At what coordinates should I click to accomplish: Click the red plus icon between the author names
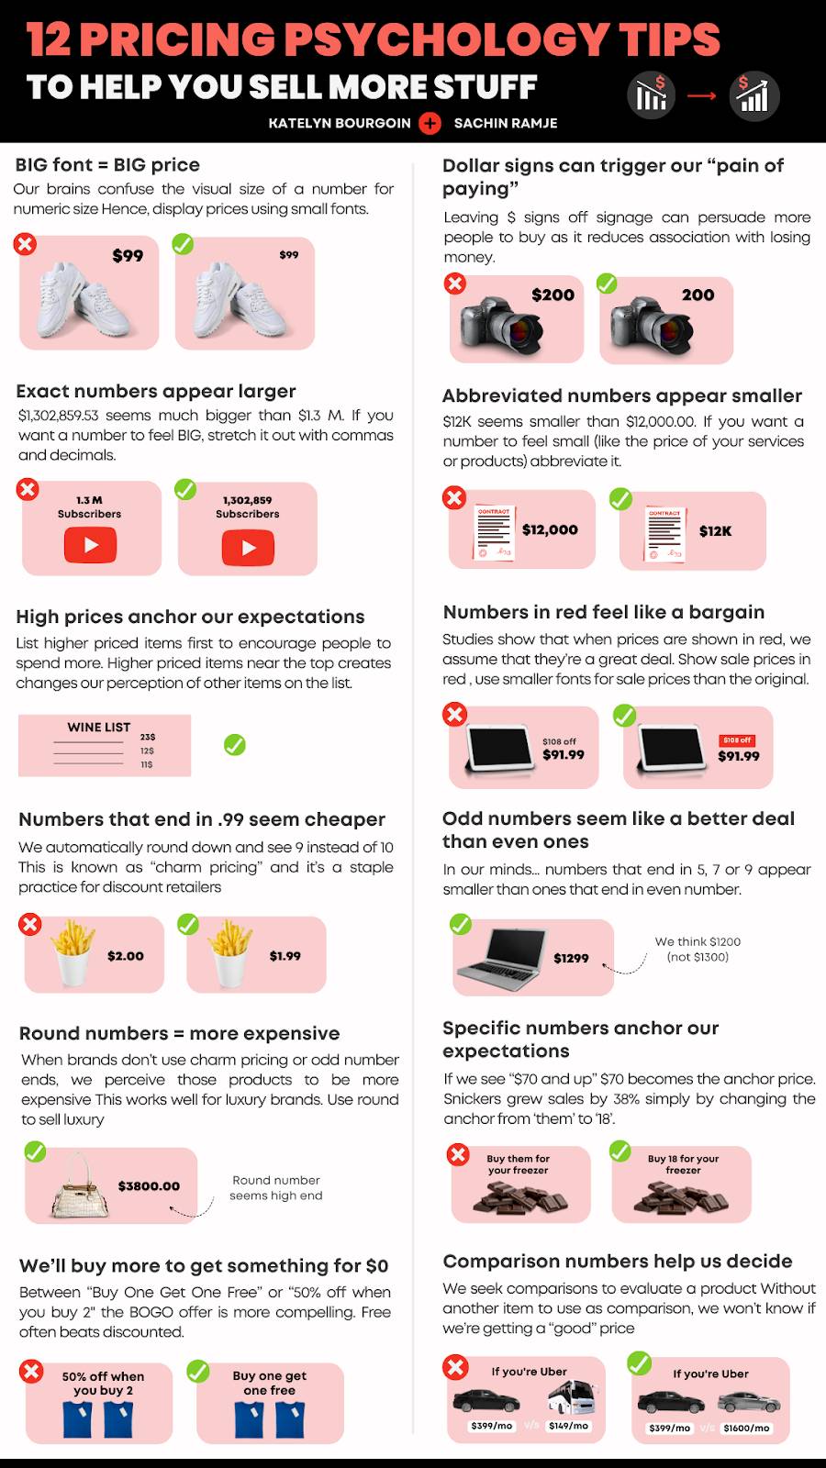click(x=430, y=123)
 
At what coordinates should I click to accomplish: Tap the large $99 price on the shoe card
click(x=128, y=256)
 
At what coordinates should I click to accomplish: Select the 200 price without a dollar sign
click(x=698, y=295)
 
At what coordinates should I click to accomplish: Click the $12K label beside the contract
click(x=715, y=531)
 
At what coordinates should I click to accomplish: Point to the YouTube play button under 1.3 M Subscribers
click(x=91, y=545)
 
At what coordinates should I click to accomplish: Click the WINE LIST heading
click(x=99, y=727)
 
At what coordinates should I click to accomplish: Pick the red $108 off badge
click(x=738, y=740)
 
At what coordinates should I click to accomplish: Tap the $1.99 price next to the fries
click(x=285, y=955)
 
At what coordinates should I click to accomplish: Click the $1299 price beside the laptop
click(x=571, y=958)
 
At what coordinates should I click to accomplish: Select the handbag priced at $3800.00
click(x=80, y=1185)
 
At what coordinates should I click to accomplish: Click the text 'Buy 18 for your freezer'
click(x=683, y=1164)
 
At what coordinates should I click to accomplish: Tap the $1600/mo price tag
click(x=747, y=1428)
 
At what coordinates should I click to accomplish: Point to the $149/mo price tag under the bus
click(x=568, y=1426)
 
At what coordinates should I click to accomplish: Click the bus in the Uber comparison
click(x=572, y=1396)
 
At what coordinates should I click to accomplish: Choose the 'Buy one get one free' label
click(x=270, y=1383)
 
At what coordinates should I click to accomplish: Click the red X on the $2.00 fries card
click(x=29, y=924)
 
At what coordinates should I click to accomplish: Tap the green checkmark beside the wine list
click(x=235, y=744)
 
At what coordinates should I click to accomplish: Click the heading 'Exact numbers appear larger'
click(x=156, y=391)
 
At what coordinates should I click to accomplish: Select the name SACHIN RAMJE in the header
click(x=506, y=123)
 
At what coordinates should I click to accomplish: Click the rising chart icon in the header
click(x=753, y=95)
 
